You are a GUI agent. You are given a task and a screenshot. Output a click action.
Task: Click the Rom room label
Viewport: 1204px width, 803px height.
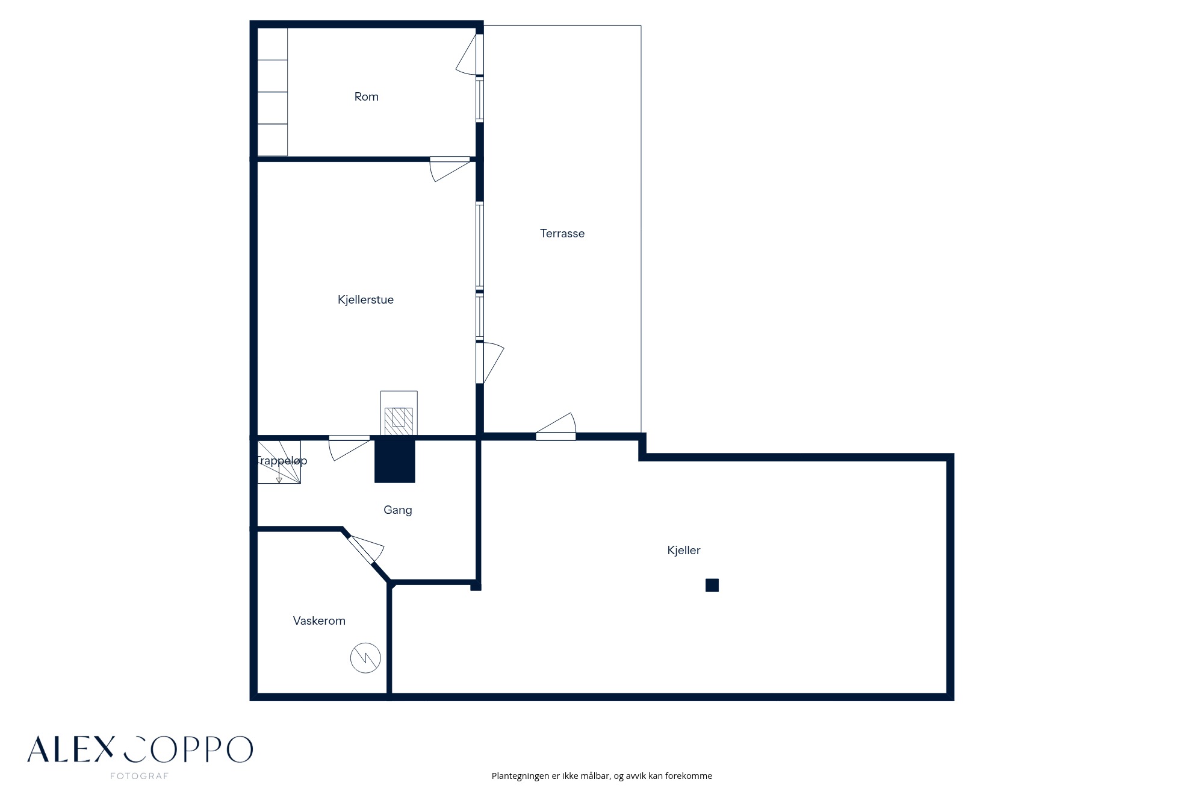[x=366, y=96]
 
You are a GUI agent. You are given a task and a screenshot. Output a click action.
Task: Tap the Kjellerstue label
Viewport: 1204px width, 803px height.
[x=365, y=299]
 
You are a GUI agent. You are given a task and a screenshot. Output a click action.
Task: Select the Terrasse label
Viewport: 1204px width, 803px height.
[x=562, y=233]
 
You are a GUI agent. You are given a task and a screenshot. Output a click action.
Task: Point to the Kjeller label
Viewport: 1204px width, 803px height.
[x=683, y=550]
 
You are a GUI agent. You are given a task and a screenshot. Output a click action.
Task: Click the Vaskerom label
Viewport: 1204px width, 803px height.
[x=319, y=620]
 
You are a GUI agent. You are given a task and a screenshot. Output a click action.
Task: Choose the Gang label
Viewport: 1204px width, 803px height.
[x=397, y=510]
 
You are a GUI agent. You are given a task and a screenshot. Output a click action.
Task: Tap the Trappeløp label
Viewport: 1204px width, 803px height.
[x=281, y=460]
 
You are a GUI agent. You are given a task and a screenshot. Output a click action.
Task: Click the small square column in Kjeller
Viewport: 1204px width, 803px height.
[x=712, y=585]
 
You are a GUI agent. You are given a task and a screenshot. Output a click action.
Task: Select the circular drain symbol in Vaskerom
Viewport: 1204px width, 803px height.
[x=365, y=658]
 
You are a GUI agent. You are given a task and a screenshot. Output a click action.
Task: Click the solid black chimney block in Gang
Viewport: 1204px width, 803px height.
[x=395, y=460]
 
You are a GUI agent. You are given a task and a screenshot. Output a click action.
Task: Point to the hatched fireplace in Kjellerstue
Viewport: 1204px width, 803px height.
[x=399, y=414]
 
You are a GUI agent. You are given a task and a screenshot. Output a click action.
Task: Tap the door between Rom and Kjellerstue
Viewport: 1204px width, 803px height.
[x=450, y=169]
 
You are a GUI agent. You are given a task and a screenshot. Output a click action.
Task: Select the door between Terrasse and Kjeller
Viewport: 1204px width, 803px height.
[x=556, y=426]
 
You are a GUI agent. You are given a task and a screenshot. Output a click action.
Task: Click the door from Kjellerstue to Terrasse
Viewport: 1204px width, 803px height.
[x=489, y=363]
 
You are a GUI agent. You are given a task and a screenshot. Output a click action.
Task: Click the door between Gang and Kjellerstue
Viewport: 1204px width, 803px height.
[x=349, y=448]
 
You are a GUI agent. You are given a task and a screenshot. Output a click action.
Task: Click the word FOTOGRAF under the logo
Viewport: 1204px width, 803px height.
[x=140, y=776]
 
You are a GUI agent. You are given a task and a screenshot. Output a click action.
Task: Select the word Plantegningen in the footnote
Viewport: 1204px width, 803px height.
[x=520, y=776]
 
